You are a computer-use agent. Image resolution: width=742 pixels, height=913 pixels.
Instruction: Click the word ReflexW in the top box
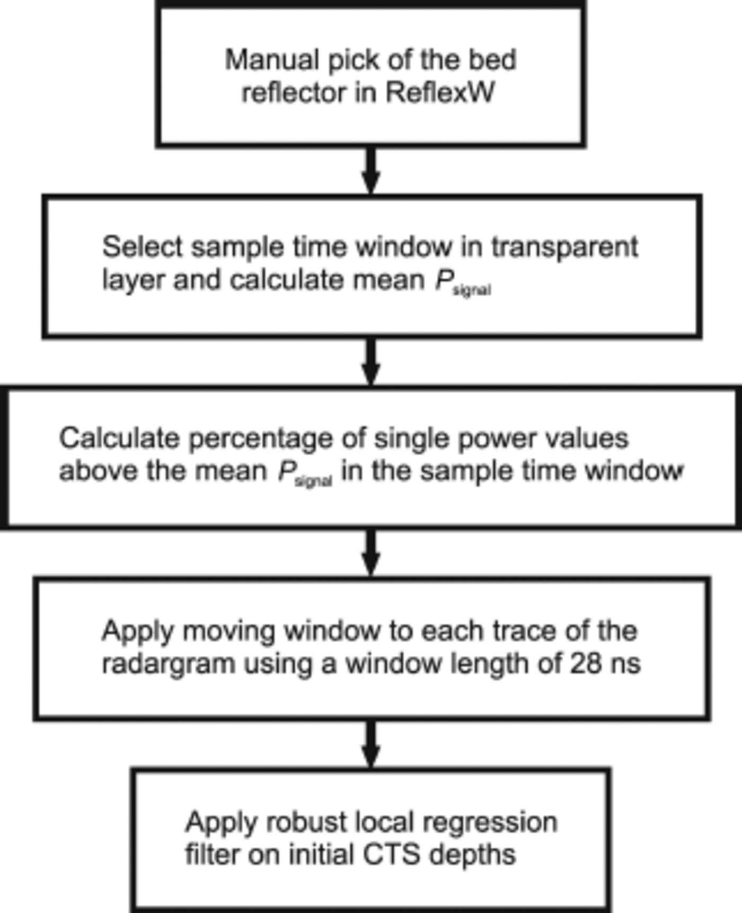tap(440, 92)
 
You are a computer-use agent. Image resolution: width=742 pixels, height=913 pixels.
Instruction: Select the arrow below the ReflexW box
tap(371, 171)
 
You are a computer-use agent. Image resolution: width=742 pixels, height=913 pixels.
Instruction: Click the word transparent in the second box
tap(564, 247)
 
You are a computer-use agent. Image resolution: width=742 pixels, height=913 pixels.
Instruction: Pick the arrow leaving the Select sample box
tap(371, 362)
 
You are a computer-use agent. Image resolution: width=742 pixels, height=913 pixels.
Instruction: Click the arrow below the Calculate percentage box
tap(371, 553)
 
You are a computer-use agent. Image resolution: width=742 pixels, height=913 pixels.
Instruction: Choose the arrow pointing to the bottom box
tap(371, 744)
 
